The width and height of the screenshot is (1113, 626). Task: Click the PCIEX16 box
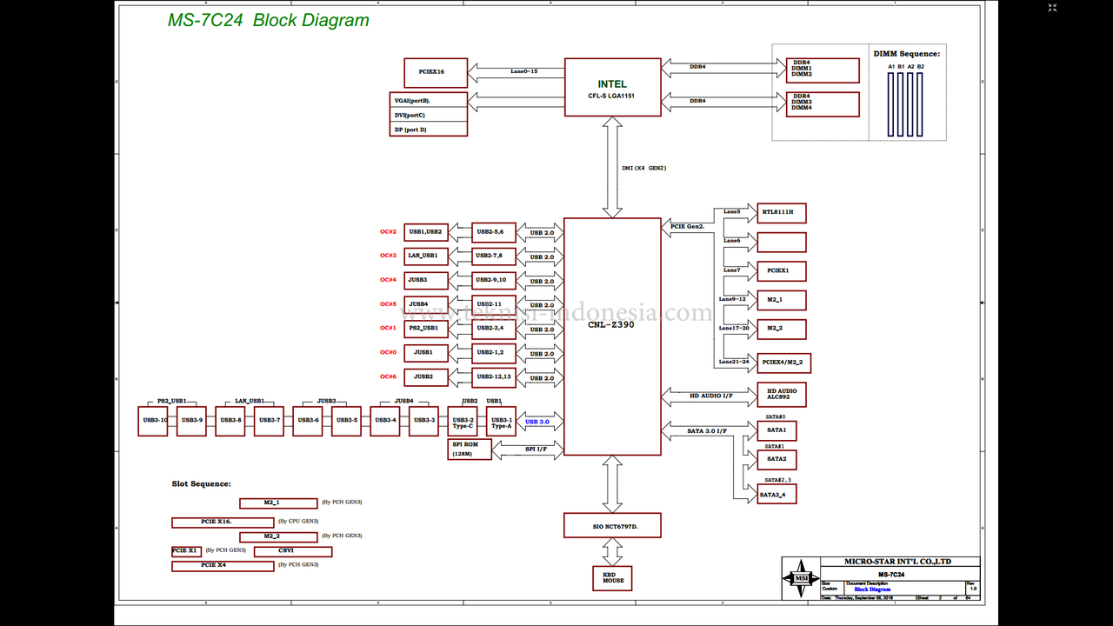436,72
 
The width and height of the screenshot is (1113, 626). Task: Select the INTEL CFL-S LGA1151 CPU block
612,87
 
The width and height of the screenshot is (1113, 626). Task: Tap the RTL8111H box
782,213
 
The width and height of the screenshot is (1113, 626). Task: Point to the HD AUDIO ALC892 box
782,395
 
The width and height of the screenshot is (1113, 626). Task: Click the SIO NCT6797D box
612,525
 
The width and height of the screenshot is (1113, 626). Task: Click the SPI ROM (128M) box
470,450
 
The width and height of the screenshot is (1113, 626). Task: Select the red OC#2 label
388,232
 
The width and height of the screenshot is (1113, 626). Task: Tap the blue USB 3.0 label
537,422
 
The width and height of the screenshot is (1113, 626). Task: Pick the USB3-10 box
153,421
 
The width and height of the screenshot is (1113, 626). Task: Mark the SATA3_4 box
776,494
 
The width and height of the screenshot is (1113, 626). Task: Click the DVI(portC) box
429,115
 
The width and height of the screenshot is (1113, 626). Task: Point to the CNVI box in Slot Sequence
292,551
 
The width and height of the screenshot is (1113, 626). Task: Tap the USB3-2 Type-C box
463,422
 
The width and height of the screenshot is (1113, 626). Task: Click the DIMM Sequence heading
906,54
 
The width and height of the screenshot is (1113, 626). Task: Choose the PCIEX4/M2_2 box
783,363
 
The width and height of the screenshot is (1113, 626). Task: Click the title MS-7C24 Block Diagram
268,21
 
